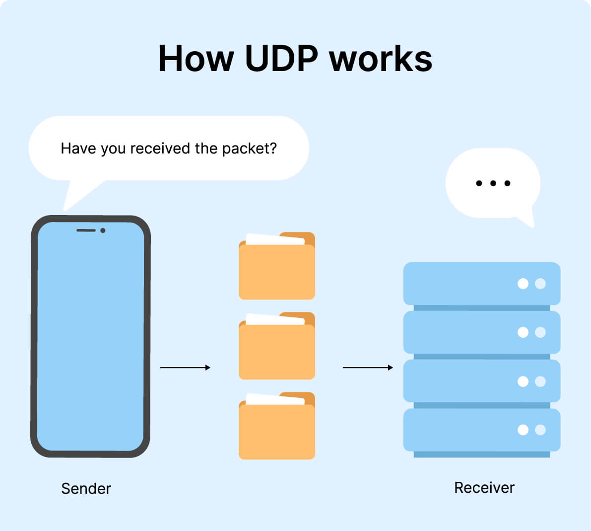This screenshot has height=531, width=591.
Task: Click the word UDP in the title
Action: point(281,59)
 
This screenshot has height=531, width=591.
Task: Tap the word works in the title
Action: point(381,59)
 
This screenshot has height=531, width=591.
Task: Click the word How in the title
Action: point(196,59)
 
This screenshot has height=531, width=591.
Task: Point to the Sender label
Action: point(86,488)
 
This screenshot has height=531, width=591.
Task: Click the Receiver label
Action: point(484,487)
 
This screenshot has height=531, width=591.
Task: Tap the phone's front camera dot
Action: point(103,230)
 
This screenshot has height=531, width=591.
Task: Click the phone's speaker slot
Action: point(86,230)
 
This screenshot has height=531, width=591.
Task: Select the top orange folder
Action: point(276,271)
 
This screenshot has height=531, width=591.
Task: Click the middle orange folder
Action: point(276,351)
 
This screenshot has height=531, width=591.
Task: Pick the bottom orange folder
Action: point(276,431)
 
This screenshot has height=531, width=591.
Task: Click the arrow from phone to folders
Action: point(185,368)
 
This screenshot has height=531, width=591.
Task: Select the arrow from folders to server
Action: point(368,368)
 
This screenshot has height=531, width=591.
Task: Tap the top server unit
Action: point(481,284)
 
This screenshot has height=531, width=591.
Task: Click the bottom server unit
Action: point(481,430)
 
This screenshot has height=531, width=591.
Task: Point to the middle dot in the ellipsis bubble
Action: point(493,183)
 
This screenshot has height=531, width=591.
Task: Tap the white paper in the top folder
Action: point(274,239)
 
